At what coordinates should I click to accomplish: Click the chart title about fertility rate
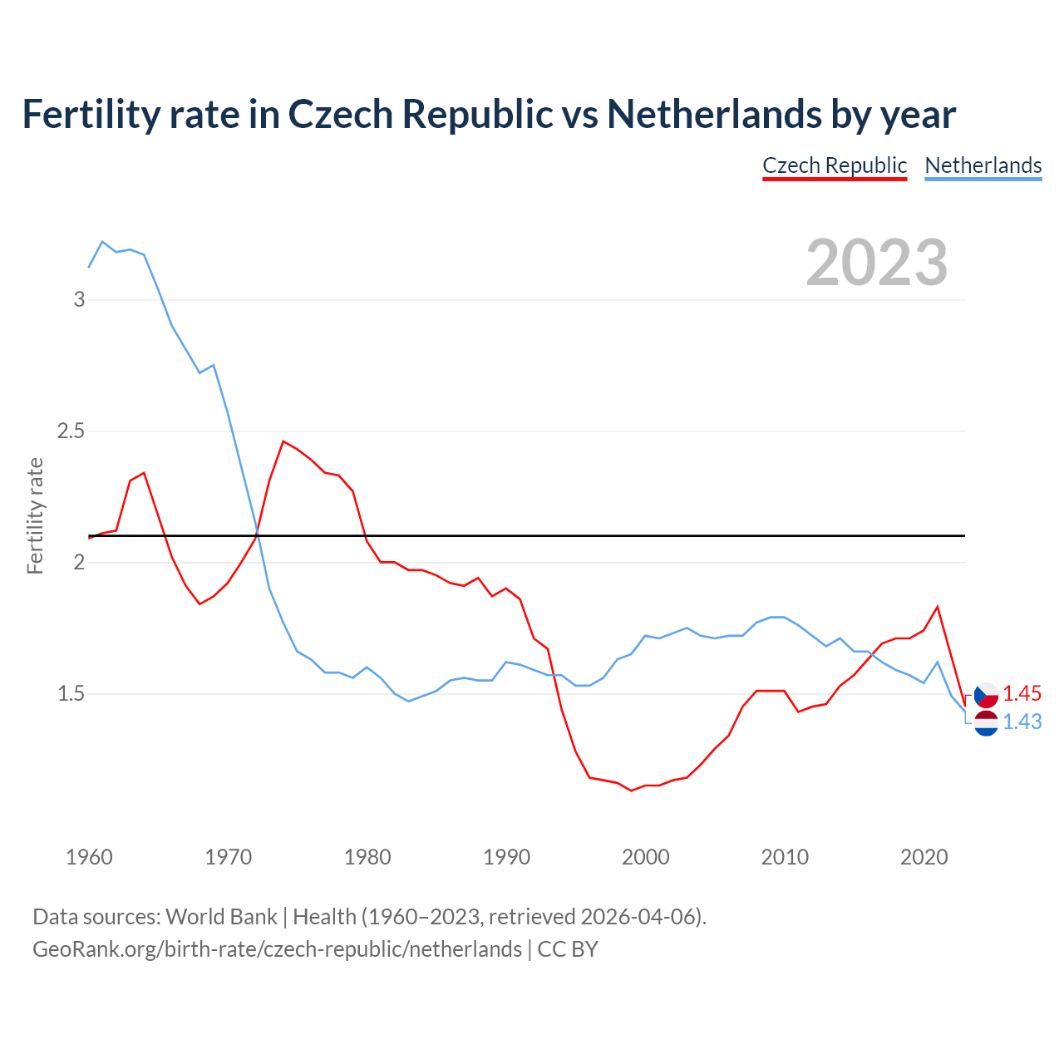(489, 114)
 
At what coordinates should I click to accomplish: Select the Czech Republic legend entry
(835, 165)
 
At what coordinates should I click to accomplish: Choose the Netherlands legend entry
(983, 165)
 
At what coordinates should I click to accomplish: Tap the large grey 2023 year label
(877, 263)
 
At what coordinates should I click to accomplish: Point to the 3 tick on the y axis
(80, 299)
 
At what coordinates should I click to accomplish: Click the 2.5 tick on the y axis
(71, 431)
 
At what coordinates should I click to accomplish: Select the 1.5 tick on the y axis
(71, 694)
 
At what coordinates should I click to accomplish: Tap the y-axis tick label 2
(80, 563)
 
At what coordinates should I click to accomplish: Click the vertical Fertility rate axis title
(35, 515)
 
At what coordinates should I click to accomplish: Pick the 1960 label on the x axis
(89, 857)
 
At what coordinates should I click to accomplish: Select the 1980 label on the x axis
(367, 857)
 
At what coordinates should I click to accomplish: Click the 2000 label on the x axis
(646, 857)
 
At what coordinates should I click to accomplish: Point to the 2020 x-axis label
(924, 857)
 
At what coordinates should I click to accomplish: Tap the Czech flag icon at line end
(986, 695)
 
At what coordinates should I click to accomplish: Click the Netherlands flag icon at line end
(986, 723)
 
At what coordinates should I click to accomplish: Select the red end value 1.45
(1022, 694)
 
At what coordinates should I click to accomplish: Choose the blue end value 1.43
(1022, 722)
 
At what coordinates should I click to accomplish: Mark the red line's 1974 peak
(283, 441)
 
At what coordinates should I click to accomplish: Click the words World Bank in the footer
(221, 917)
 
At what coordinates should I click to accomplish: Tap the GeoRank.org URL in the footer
(277, 949)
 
